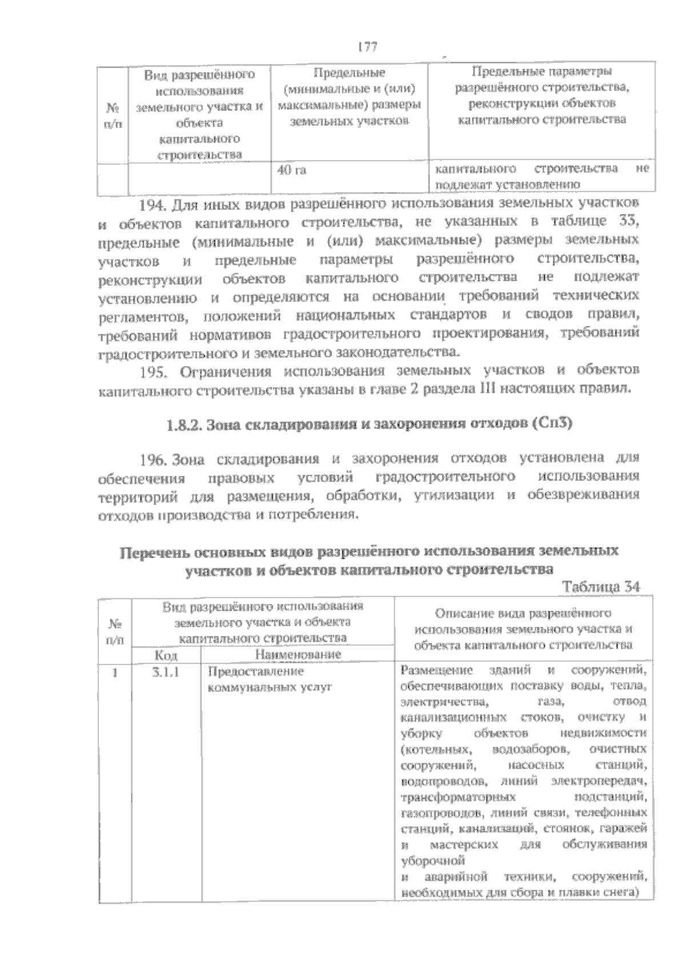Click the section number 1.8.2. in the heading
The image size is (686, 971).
184,425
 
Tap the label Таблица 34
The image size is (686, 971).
601,587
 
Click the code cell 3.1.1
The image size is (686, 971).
166,672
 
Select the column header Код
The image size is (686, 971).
166,655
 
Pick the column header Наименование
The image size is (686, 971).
298,655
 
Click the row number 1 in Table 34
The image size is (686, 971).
115,672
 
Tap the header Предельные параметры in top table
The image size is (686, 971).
541,73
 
